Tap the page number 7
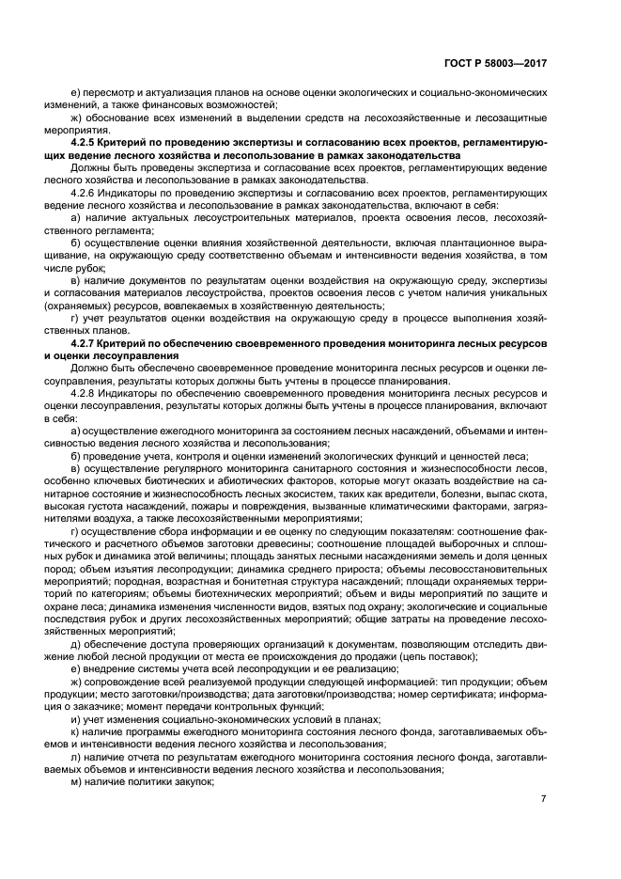coord(543,799)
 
